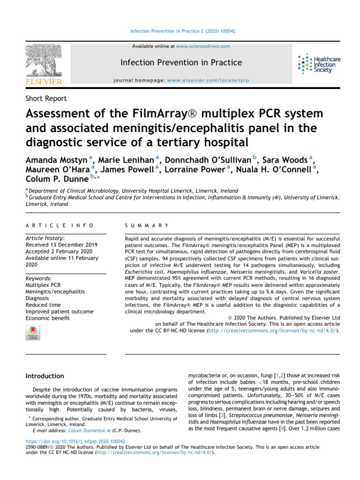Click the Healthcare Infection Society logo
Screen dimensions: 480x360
319,63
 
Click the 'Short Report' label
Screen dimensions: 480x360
46,98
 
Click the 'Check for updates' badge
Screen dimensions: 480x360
32,332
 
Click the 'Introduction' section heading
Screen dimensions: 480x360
45,376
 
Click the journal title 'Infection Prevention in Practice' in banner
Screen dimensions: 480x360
181,62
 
